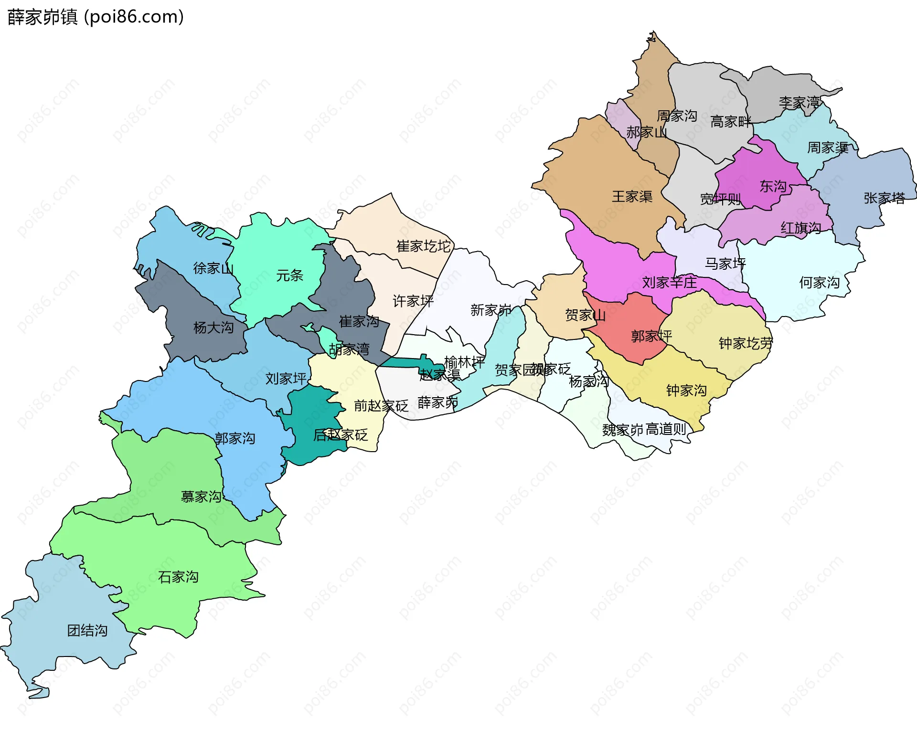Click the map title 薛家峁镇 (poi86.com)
click(x=96, y=17)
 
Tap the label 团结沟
click(x=87, y=631)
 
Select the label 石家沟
click(x=178, y=577)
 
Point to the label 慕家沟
click(x=201, y=497)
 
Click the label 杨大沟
click(x=213, y=328)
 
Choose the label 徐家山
click(x=213, y=268)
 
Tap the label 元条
click(x=289, y=275)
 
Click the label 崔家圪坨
click(x=424, y=246)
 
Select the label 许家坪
click(x=413, y=301)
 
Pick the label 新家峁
click(x=491, y=310)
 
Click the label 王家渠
click(x=632, y=197)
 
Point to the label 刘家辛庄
click(x=669, y=283)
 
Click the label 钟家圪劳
click(x=746, y=343)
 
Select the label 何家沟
click(x=819, y=283)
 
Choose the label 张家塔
click(x=884, y=199)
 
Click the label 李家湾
click(x=799, y=103)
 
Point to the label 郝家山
click(x=647, y=132)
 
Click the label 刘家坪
click(x=286, y=379)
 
